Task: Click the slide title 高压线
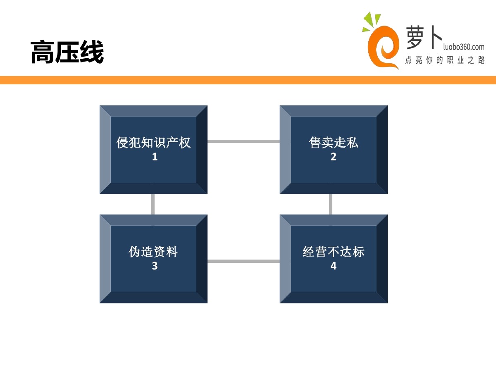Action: point(67,52)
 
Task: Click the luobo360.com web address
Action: point(463,47)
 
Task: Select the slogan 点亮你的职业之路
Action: point(445,60)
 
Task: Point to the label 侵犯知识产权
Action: point(154,143)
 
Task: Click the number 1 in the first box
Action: point(155,157)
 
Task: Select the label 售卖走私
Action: point(334,143)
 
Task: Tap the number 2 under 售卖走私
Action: point(334,157)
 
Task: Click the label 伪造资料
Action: point(154,252)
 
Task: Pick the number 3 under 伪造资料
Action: point(155,266)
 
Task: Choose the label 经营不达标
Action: point(334,252)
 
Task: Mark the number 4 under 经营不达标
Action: point(334,266)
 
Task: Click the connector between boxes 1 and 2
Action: point(243,141)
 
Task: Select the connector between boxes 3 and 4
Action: point(243,261)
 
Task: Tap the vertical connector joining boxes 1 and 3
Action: point(153,204)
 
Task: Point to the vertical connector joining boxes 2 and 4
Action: point(331,204)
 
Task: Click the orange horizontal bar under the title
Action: point(248,80)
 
